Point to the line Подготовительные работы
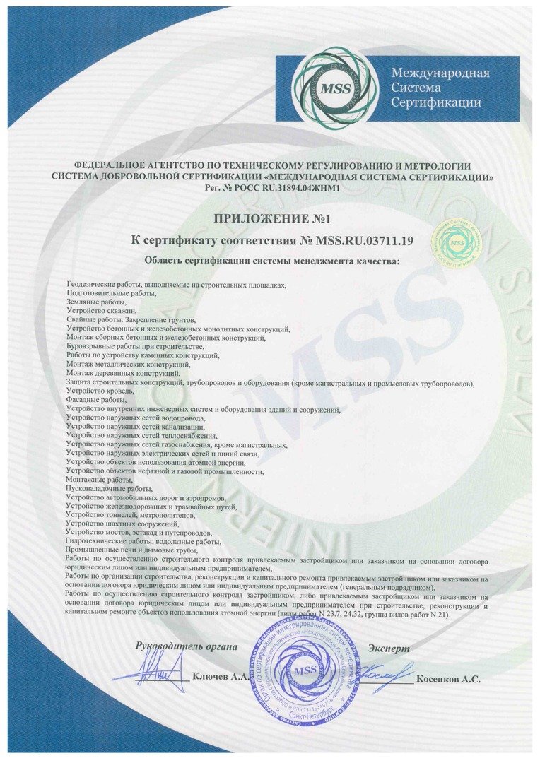point(110,292)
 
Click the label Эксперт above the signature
point(388,648)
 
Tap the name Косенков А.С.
point(448,679)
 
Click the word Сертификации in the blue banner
point(436,102)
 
